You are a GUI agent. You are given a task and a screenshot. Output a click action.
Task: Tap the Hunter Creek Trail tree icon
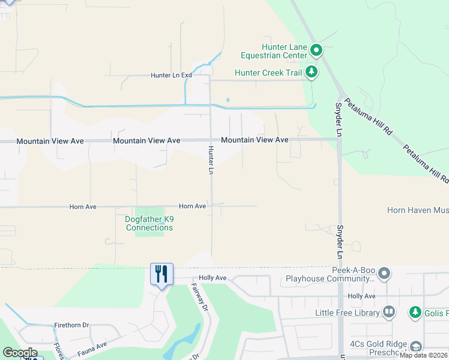pos(311,73)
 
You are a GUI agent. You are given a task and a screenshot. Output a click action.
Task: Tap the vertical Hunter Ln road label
pos(211,160)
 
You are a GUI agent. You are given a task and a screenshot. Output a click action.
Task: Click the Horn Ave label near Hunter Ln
pos(192,206)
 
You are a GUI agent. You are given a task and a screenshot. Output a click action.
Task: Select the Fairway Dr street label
pos(200,296)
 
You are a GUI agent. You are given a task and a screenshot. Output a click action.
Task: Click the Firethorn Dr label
pos(71,325)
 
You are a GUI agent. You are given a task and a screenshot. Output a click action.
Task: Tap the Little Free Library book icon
pos(389,312)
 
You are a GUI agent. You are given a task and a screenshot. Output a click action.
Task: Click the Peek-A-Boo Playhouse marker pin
pos(385,274)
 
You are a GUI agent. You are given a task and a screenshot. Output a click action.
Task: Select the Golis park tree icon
pos(415,312)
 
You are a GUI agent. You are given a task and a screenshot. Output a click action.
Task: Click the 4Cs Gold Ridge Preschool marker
pos(415,346)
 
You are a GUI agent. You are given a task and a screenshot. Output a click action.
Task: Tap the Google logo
pos(20,352)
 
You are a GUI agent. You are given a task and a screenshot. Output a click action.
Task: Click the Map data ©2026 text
pos(424,355)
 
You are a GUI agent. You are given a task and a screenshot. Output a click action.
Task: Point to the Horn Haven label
pos(417,210)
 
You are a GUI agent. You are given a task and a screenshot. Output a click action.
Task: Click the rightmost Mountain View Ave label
pos(255,140)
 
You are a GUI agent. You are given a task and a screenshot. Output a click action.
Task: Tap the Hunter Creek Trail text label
pos(268,73)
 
